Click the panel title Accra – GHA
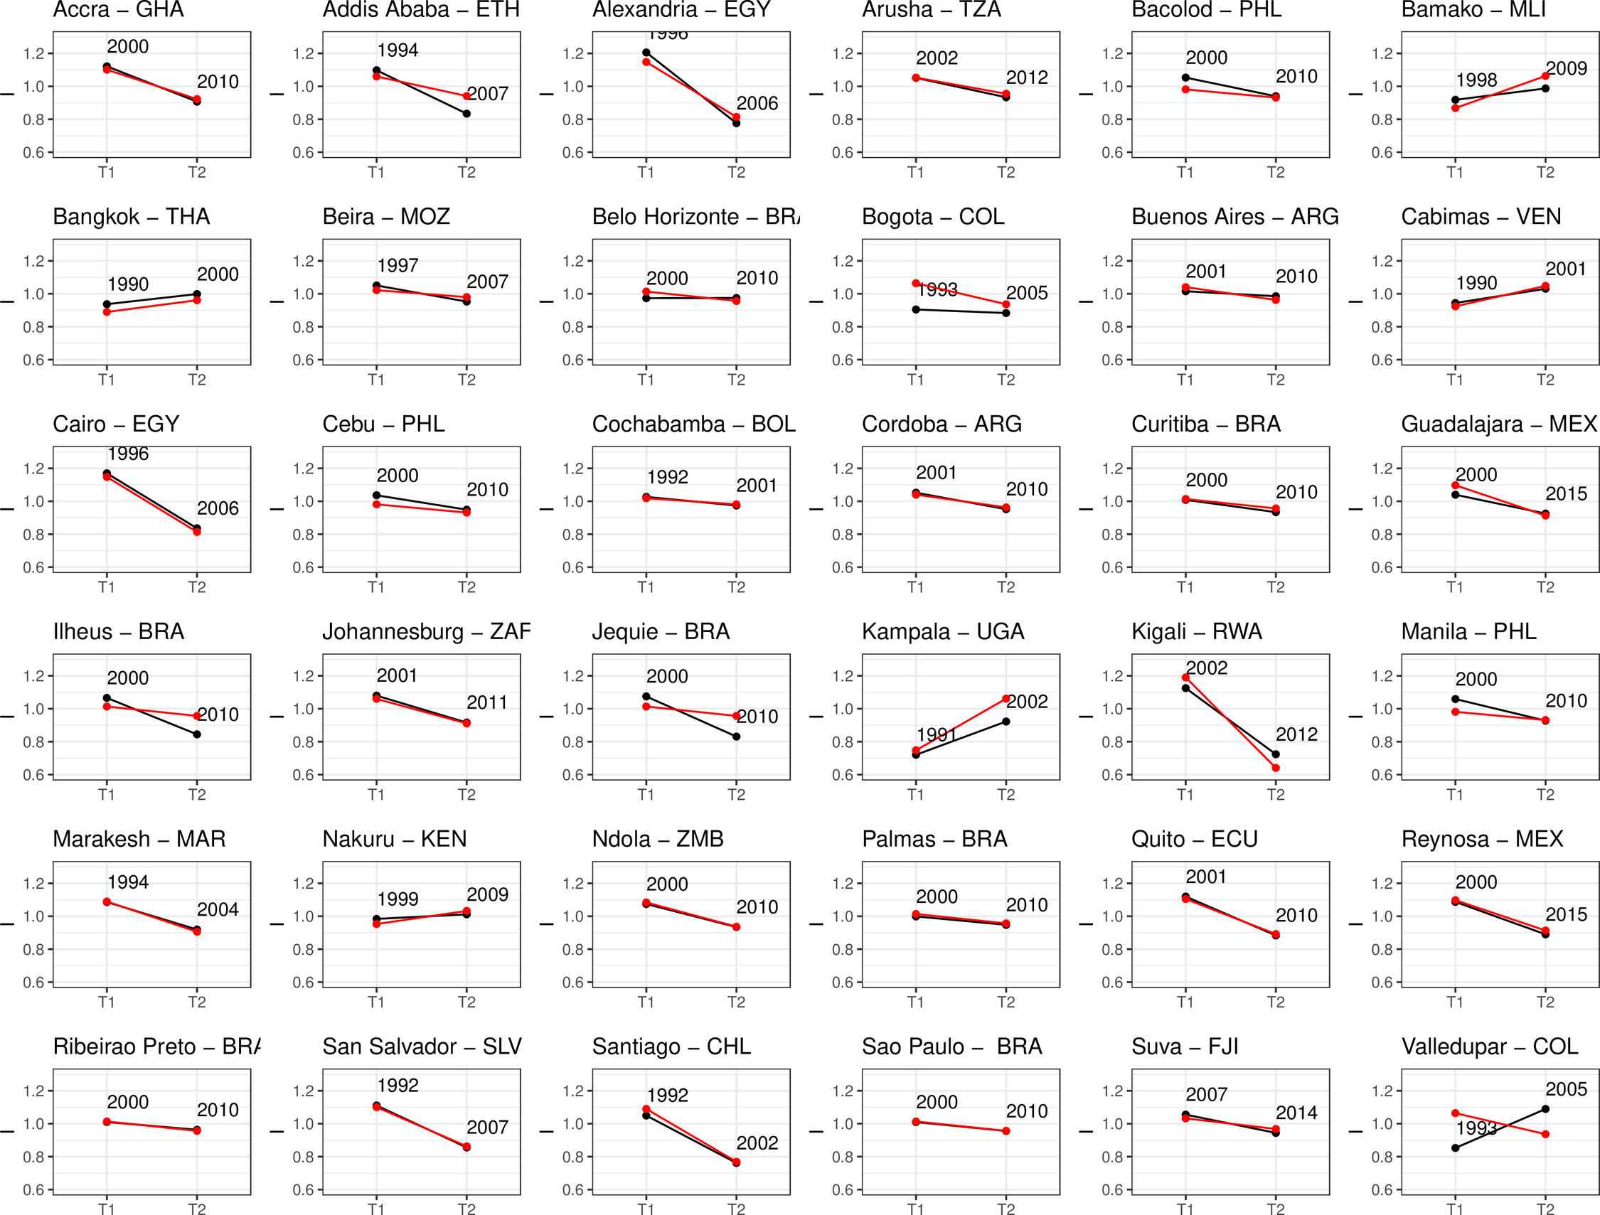(x=119, y=10)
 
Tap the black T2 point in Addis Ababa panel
(x=466, y=114)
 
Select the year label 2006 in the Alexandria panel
(x=757, y=103)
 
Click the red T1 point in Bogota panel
(x=916, y=284)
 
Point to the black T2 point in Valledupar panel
(x=1545, y=1108)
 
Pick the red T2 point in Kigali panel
(x=1275, y=768)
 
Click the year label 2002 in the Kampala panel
(x=1027, y=702)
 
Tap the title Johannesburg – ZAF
(x=426, y=632)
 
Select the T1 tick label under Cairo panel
(x=107, y=587)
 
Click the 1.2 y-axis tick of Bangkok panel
(x=33, y=261)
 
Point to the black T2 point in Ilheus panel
(x=197, y=735)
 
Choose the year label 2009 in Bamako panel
(x=1566, y=69)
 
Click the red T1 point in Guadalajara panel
(x=1456, y=486)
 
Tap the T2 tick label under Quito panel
(x=1275, y=1002)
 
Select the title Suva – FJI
(x=1185, y=1047)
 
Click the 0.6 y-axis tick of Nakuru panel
(x=303, y=982)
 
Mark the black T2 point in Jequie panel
(x=736, y=737)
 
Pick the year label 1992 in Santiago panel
(x=667, y=1096)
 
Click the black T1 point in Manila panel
(x=1456, y=700)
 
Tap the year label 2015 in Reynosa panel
(x=1566, y=914)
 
